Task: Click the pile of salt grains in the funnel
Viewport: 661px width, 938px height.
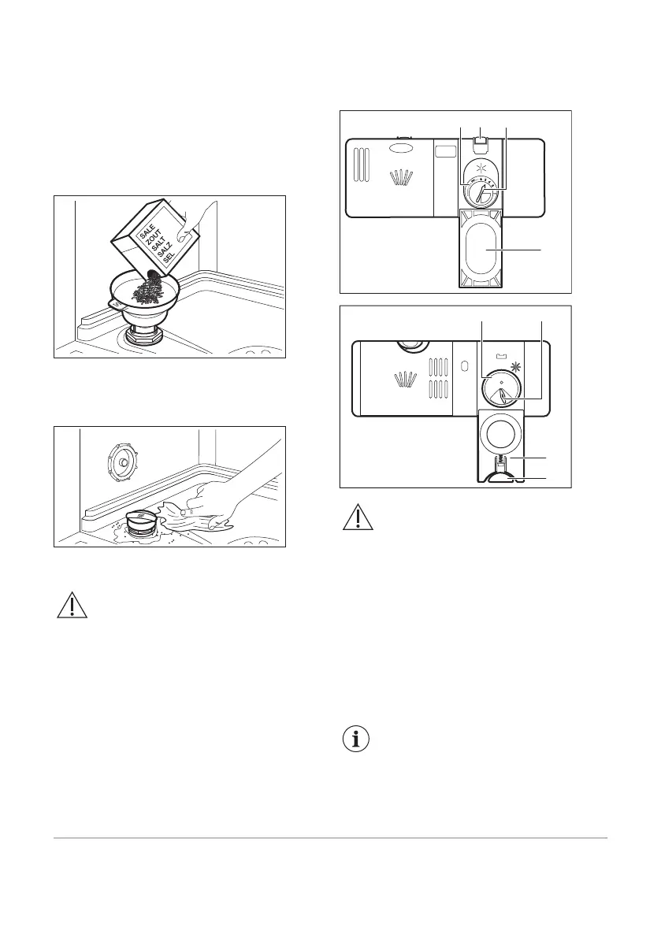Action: pos(147,291)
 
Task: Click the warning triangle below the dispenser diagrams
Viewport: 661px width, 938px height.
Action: pos(357,517)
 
